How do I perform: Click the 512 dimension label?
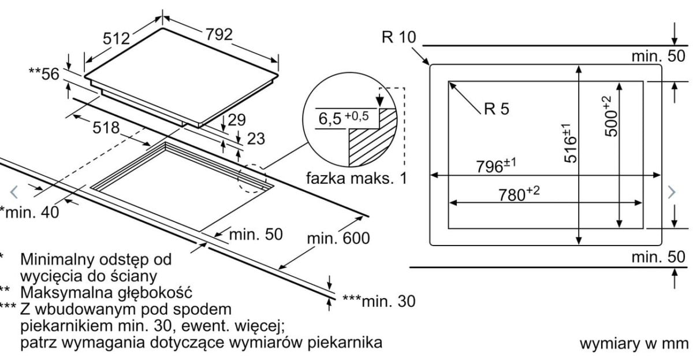[116, 39]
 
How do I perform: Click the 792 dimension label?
[219, 34]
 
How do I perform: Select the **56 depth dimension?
[44, 73]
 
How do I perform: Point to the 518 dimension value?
[106, 128]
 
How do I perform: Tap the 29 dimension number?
[237, 120]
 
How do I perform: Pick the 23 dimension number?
[256, 139]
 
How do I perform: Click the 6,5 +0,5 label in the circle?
[344, 118]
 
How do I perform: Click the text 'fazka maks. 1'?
[356, 178]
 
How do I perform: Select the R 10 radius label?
[399, 37]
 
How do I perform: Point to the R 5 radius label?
[497, 109]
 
